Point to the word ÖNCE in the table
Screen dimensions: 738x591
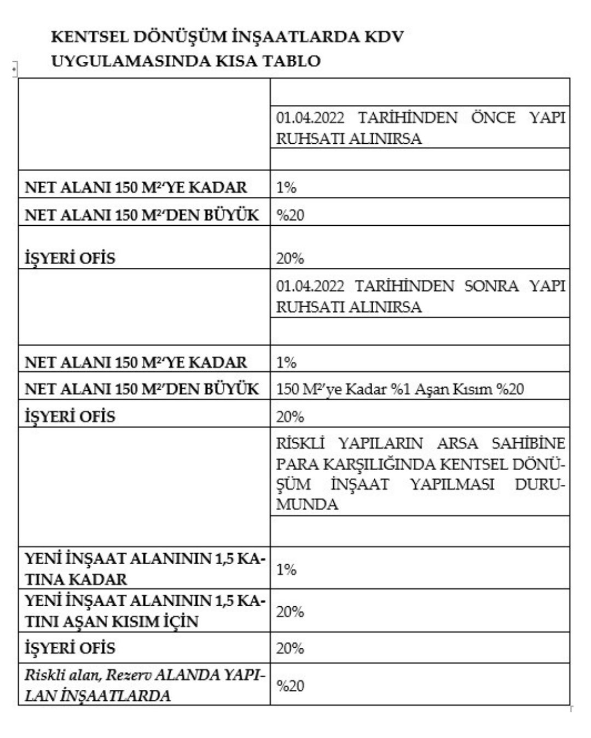click(493, 118)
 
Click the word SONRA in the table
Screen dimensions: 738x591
click(491, 286)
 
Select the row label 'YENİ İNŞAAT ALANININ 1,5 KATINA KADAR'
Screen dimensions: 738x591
click(144, 569)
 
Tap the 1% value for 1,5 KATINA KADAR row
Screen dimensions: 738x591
click(286, 569)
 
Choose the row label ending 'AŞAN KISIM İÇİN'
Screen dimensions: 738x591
click(144, 611)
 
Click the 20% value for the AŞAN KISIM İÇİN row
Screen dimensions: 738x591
click(290, 611)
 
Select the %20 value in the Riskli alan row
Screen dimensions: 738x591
click(290, 686)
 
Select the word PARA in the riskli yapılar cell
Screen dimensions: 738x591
click(296, 464)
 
